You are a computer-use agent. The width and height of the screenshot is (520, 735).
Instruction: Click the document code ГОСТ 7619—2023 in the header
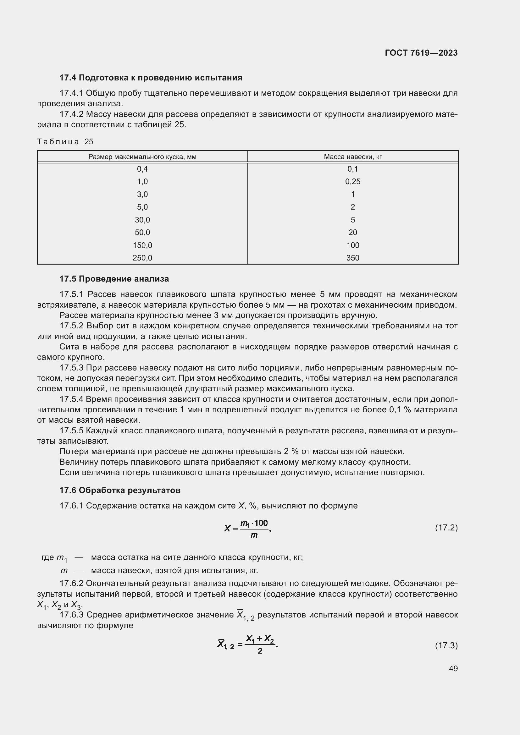pyautogui.click(x=421, y=53)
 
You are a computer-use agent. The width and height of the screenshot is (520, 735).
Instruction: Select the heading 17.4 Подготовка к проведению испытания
pyautogui.click(x=151, y=78)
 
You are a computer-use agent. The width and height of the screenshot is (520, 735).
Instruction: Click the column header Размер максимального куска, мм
pyautogui.click(x=142, y=157)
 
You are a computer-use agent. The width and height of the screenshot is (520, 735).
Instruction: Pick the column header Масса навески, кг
pyautogui.click(x=352, y=157)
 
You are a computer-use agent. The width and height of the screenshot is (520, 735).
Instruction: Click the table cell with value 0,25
pyautogui.click(x=352, y=182)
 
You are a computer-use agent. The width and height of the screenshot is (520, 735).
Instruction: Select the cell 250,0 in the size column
pyautogui.click(x=142, y=258)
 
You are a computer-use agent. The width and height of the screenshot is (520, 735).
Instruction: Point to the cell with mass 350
pyautogui.click(x=352, y=258)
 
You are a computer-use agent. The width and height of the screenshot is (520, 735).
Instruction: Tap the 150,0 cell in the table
pyautogui.click(x=142, y=245)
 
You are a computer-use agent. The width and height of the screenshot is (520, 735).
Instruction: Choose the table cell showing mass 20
pyautogui.click(x=352, y=233)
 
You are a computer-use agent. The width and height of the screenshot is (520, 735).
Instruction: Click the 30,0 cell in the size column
pyautogui.click(x=142, y=220)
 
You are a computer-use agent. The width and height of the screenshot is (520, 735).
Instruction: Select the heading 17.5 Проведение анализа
pyautogui.click(x=114, y=279)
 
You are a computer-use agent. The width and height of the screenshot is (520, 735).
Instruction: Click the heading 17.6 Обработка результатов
pyautogui.click(x=120, y=490)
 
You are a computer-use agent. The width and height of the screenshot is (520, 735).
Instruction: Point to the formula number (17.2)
pyautogui.click(x=446, y=527)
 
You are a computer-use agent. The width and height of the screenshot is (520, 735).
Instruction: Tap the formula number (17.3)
pyautogui.click(x=446, y=645)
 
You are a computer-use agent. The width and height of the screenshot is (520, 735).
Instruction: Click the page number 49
pyautogui.click(x=453, y=668)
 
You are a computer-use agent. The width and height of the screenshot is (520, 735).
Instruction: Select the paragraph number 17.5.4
pyautogui.click(x=71, y=399)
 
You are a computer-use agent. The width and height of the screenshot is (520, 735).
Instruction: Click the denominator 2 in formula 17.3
pyautogui.click(x=260, y=651)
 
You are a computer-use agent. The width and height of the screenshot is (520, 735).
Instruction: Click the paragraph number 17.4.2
pyautogui.click(x=71, y=114)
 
